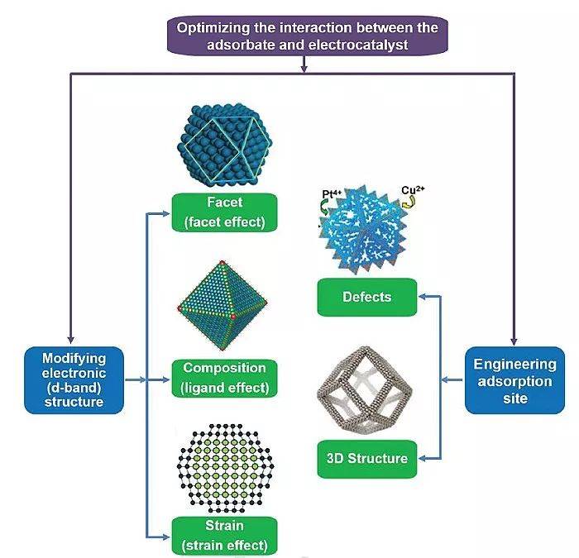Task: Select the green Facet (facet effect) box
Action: (223, 212)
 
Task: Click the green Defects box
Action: (366, 297)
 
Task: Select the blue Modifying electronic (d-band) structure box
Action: (74, 379)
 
